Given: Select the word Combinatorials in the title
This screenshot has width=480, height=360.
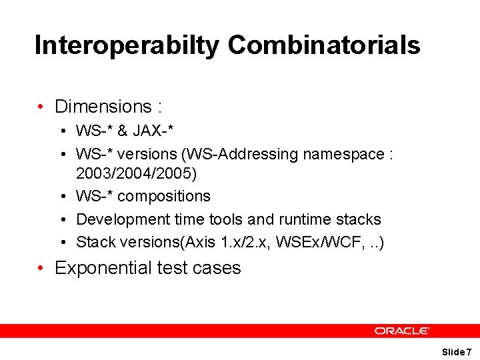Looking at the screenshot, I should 324,45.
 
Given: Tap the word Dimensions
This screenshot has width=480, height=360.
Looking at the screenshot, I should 103,107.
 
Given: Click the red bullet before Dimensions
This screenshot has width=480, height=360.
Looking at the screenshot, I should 41,107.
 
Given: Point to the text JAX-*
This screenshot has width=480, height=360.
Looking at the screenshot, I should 160,131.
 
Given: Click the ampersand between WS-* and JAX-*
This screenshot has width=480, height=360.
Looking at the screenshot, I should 123,131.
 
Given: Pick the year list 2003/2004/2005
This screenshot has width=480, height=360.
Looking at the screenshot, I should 137,174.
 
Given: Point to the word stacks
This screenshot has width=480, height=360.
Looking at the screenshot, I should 359,219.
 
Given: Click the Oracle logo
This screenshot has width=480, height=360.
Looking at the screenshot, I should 402,330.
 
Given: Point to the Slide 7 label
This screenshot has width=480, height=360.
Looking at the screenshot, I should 457,351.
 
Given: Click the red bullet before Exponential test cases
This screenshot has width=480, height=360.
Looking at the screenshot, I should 41,268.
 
